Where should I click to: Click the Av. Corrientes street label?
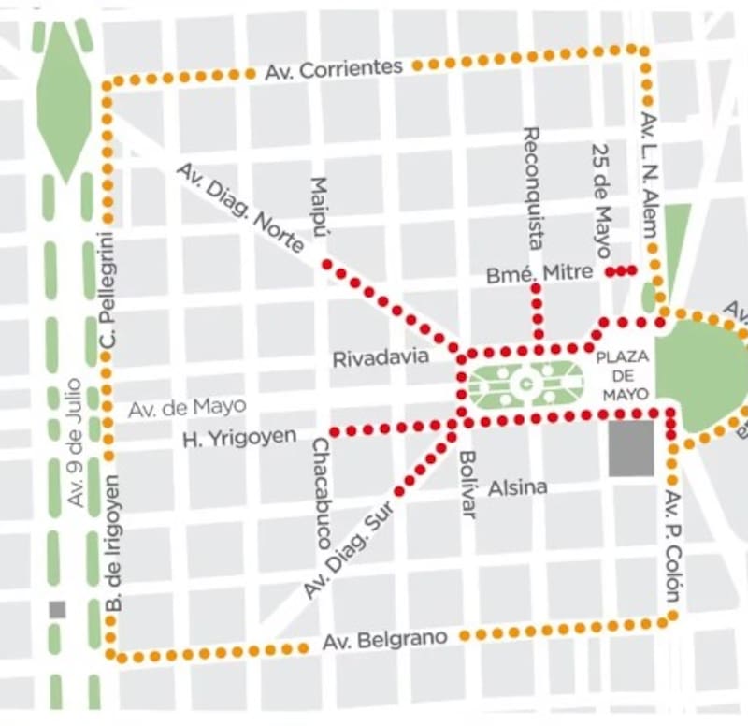(x=334, y=68)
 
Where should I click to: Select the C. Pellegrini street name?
(x=108, y=298)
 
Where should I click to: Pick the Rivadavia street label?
(x=381, y=356)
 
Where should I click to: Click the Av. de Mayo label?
(x=187, y=407)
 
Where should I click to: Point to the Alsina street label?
(x=517, y=487)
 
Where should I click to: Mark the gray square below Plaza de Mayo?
(x=631, y=449)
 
